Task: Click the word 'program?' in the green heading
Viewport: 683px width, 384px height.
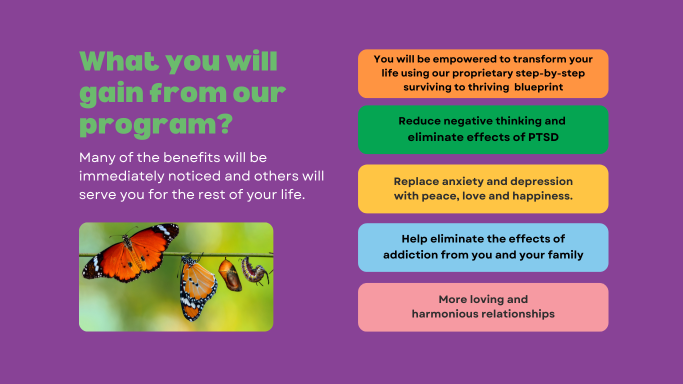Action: pos(156,125)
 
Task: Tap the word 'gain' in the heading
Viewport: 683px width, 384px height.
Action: pos(111,94)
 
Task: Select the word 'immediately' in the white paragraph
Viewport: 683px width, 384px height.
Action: pos(121,176)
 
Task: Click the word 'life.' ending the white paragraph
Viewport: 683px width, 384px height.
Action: pos(293,194)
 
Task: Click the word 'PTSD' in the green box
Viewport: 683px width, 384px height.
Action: pos(543,137)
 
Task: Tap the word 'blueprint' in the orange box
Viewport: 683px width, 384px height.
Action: pos(538,87)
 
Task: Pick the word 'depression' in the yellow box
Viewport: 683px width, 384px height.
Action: pos(541,182)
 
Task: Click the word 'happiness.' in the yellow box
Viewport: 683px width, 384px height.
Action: pos(542,196)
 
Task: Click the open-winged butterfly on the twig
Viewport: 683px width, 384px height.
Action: pos(130,252)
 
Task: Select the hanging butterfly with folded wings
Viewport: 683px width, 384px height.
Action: pos(197,288)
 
